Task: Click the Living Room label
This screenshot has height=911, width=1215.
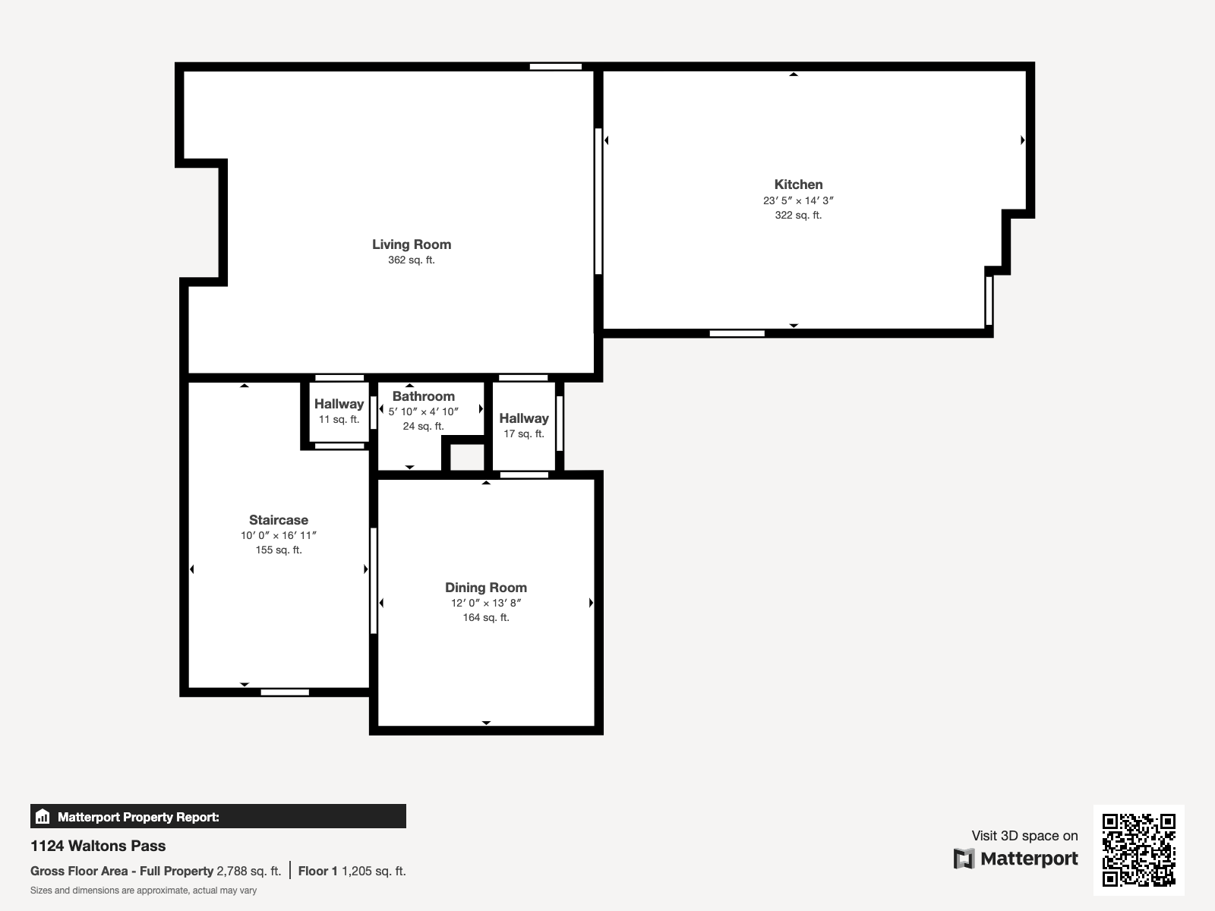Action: click(x=411, y=244)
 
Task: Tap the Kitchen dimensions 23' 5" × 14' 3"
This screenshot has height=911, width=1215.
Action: click(x=798, y=201)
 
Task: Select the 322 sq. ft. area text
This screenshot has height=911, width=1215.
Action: click(x=798, y=216)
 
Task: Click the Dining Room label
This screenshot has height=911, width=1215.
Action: click(x=485, y=588)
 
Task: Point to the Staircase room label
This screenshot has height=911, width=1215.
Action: click(x=279, y=520)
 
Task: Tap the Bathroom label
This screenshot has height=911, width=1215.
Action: click(x=423, y=396)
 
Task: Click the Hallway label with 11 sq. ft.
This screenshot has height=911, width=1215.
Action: click(x=339, y=404)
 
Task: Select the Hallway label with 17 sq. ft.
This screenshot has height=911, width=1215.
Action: click(x=523, y=418)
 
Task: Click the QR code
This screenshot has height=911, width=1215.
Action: click(x=1138, y=850)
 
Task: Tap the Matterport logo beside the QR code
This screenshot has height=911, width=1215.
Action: click(x=1016, y=859)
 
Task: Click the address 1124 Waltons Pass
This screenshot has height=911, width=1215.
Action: click(x=98, y=846)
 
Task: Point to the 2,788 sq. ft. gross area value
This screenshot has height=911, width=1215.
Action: click(x=248, y=871)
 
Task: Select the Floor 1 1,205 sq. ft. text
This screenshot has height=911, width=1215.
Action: click(x=352, y=871)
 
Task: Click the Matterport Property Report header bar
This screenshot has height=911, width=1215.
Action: click(x=218, y=817)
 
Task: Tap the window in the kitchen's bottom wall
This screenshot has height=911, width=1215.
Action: click(x=737, y=333)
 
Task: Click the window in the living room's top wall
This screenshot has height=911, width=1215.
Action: click(x=555, y=67)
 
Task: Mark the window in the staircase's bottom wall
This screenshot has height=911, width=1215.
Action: click(x=285, y=692)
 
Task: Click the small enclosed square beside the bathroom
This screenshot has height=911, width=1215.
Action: click(x=466, y=457)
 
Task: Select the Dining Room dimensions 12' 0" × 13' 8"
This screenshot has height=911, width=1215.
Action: click(x=485, y=604)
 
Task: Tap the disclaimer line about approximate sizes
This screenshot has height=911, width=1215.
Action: click(x=144, y=891)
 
